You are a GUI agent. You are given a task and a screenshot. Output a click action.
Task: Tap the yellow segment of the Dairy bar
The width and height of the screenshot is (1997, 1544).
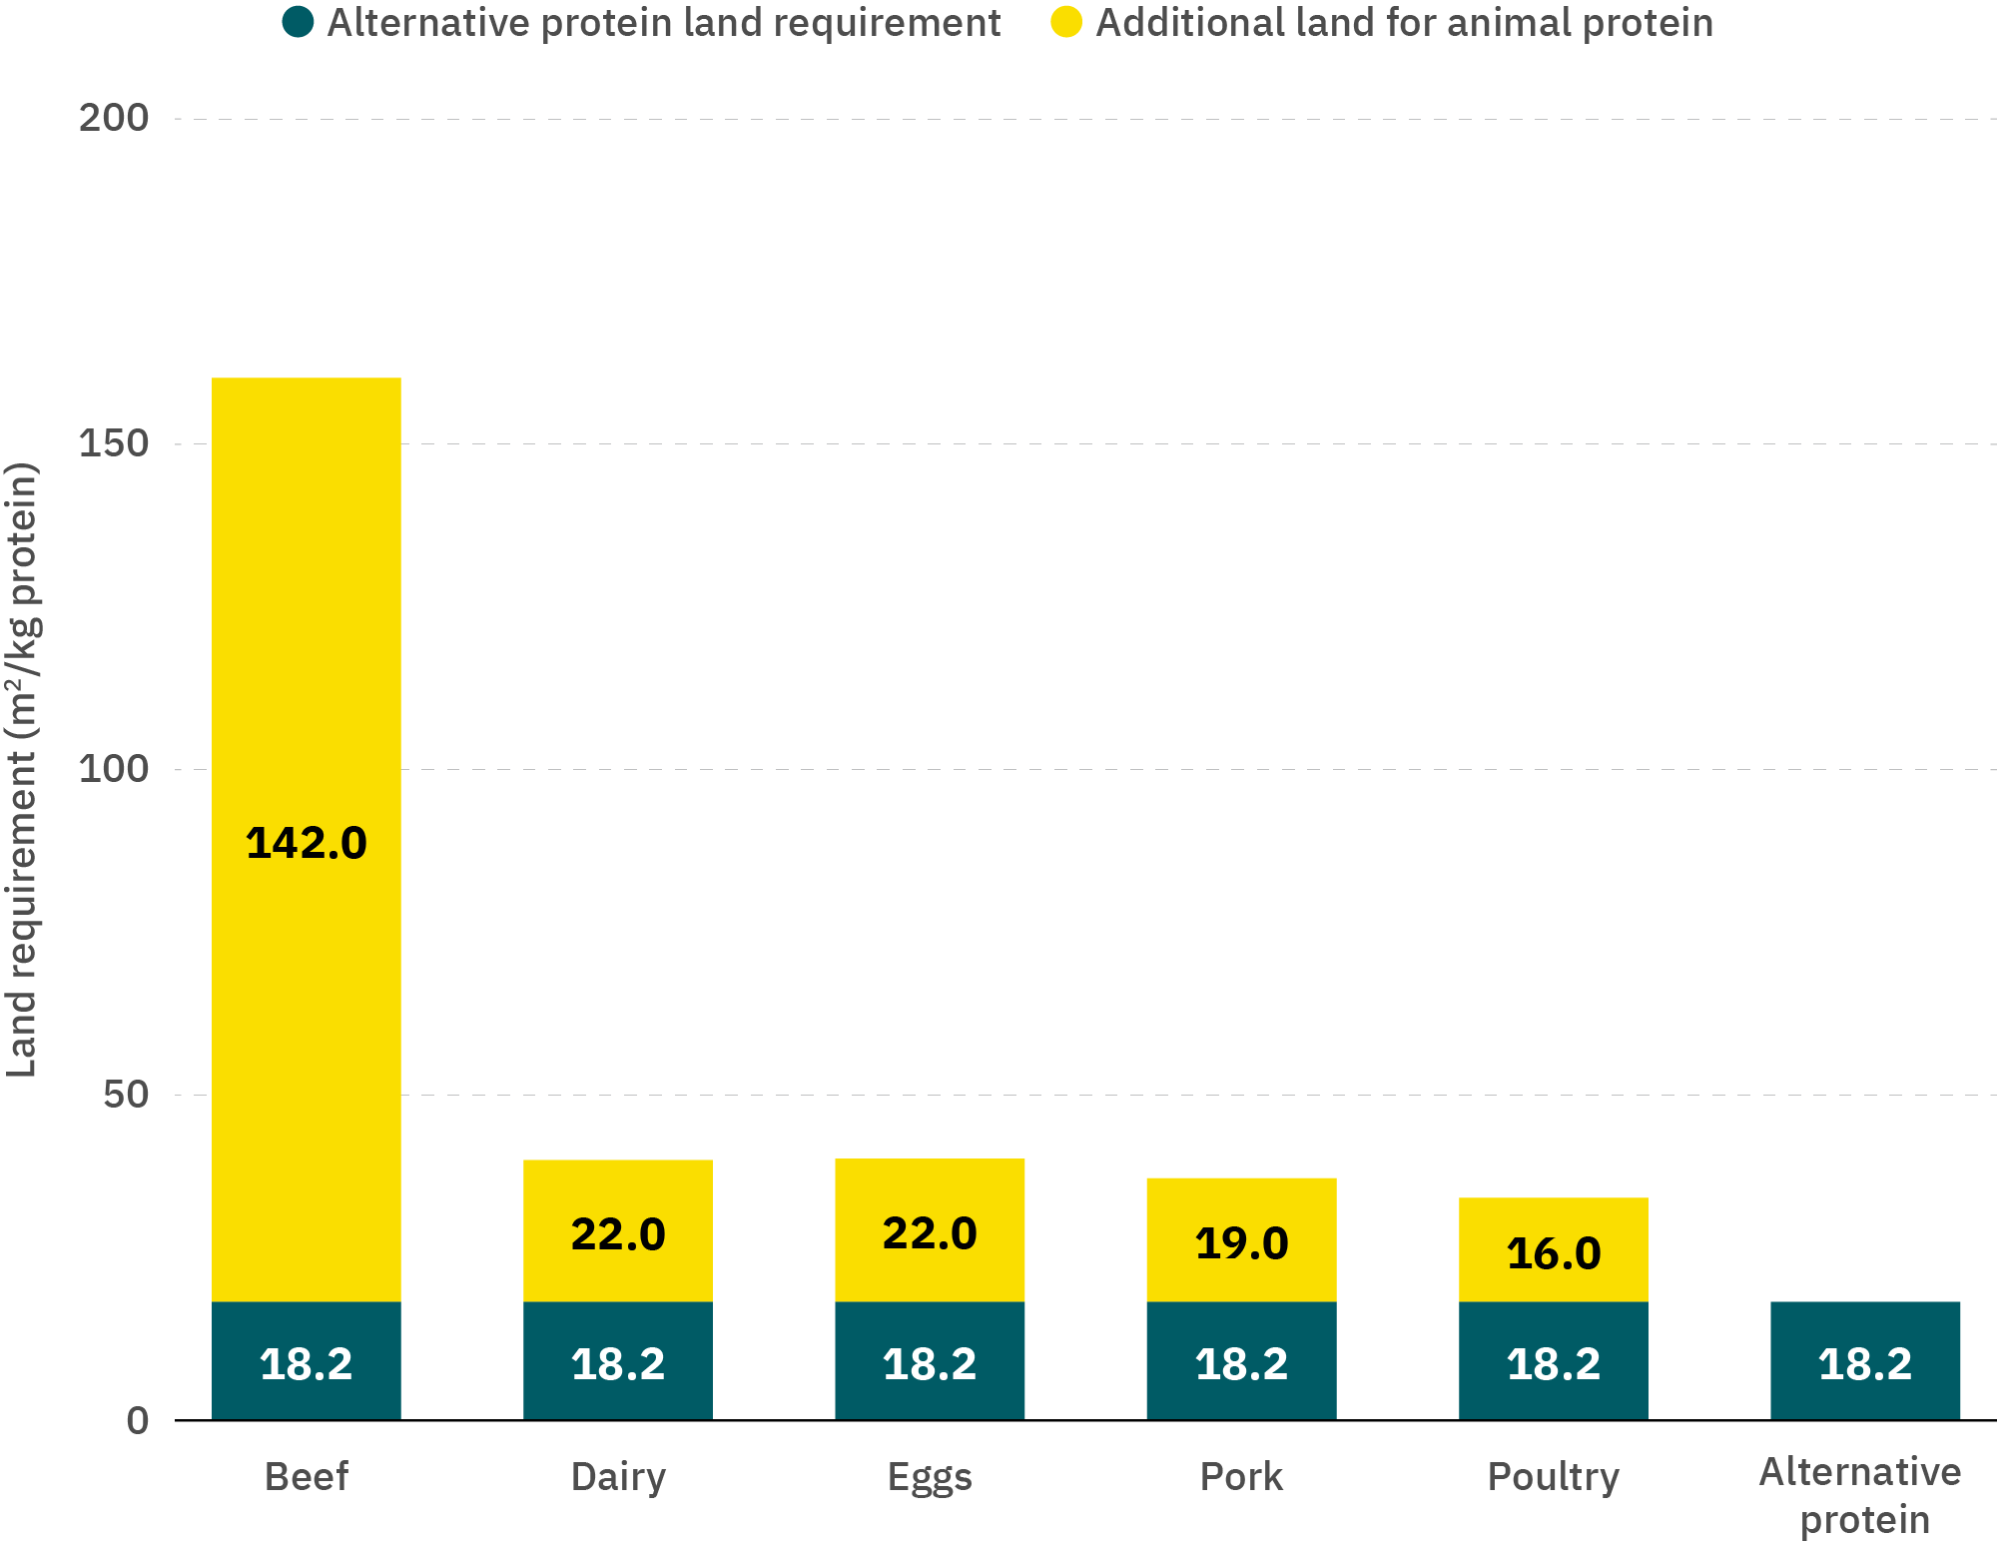click(617, 1188)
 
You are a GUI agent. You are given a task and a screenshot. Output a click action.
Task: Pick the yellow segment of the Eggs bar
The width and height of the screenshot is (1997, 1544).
click(929, 1188)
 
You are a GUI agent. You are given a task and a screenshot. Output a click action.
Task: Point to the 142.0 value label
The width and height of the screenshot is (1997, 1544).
click(306, 843)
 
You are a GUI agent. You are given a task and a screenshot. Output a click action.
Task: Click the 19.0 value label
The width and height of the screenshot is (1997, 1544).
click(1241, 1243)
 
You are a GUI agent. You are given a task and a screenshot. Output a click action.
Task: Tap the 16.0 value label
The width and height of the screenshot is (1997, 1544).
click(1553, 1253)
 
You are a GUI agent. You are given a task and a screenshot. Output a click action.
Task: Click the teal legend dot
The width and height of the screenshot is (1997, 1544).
click(298, 22)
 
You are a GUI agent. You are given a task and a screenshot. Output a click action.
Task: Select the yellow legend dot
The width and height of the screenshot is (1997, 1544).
click(1066, 22)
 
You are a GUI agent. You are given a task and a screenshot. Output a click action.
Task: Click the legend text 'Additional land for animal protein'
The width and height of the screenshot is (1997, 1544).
click(1404, 22)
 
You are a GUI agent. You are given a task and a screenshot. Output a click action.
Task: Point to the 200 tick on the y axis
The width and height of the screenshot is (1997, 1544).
click(113, 118)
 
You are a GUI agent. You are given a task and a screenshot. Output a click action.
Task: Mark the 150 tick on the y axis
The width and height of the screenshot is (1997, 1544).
click(113, 443)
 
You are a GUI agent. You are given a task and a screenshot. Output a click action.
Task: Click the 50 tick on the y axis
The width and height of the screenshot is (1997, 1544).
click(125, 1095)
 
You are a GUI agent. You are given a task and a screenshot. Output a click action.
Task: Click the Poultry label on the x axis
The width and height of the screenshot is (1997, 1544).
click(1553, 1476)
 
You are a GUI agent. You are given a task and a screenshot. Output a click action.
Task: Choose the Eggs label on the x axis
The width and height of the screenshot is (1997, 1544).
click(929, 1476)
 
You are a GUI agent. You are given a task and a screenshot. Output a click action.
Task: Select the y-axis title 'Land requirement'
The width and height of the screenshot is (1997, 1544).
click(22, 769)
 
